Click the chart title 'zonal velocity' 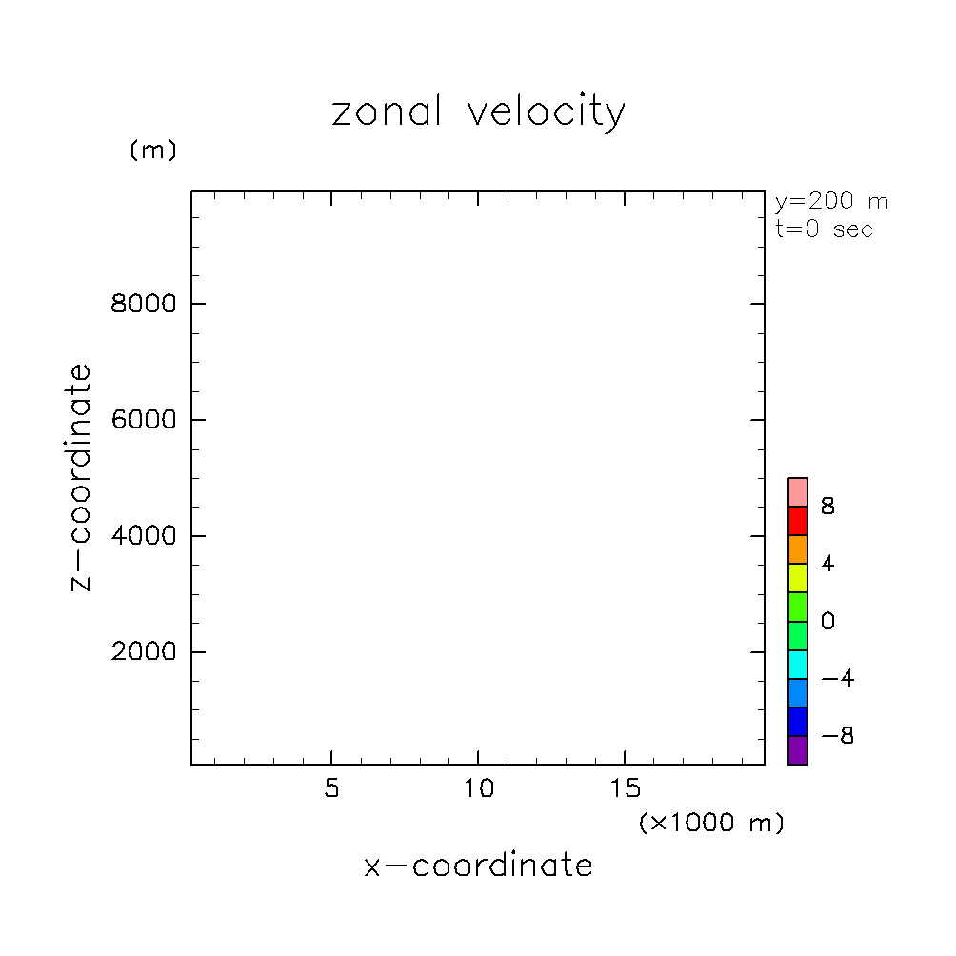pos(478,112)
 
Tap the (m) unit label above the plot pos(153,150)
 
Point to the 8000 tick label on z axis pos(145,304)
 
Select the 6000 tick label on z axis pos(145,420)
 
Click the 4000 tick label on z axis pos(145,536)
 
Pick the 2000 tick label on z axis pos(145,652)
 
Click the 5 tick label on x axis pos(331,790)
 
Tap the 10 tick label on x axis pos(478,790)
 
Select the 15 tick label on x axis pos(625,790)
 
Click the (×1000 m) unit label pos(711,823)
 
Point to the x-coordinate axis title pos(478,866)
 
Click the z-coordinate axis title pos(82,477)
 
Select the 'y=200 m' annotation pos(831,202)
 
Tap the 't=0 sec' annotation pos(824,229)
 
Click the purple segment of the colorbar pos(798,749)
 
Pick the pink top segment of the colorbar pos(798,492)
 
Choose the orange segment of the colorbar pos(798,549)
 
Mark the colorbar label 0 pos(828,622)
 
